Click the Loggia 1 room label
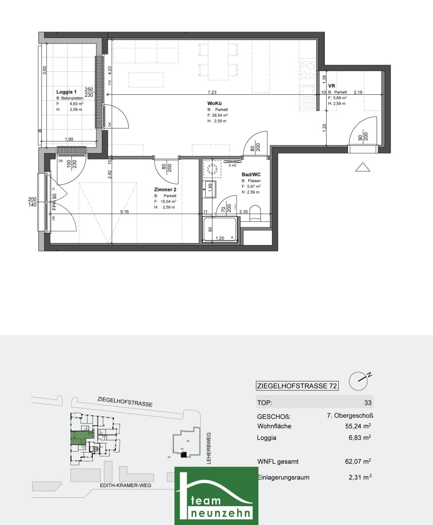coord(67,92)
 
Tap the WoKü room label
coord(214,104)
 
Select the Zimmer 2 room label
coord(165,190)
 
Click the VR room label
coord(332,86)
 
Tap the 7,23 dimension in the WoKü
coord(212,92)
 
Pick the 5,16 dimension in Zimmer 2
coord(124,211)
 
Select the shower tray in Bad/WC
coord(221,230)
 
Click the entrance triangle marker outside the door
coord(363,167)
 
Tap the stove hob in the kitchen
coord(308,71)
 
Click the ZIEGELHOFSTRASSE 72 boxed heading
coord(297,386)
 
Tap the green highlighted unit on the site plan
coord(78,438)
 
